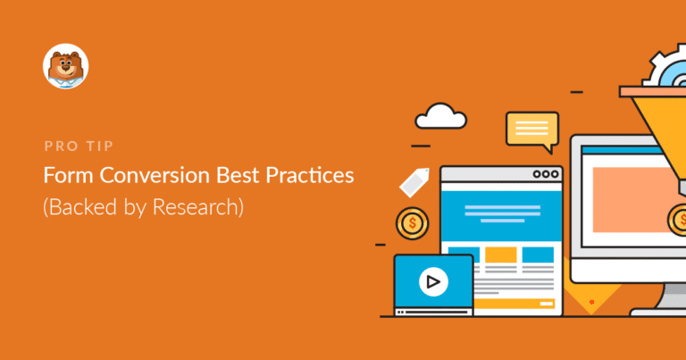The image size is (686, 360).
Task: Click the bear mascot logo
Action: (66, 67)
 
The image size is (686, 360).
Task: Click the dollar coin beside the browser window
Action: (412, 223)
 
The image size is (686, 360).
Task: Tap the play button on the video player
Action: (433, 283)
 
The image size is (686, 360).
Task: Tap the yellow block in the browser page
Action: (500, 255)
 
